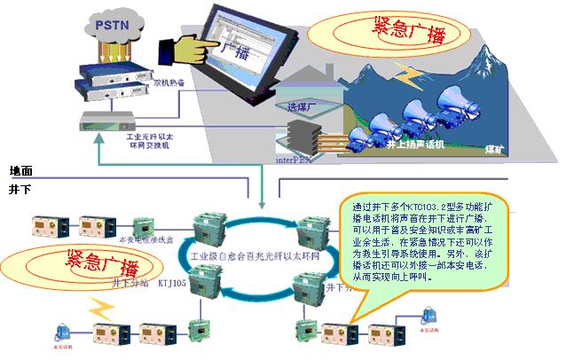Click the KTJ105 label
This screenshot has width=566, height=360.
(x=172, y=286)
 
